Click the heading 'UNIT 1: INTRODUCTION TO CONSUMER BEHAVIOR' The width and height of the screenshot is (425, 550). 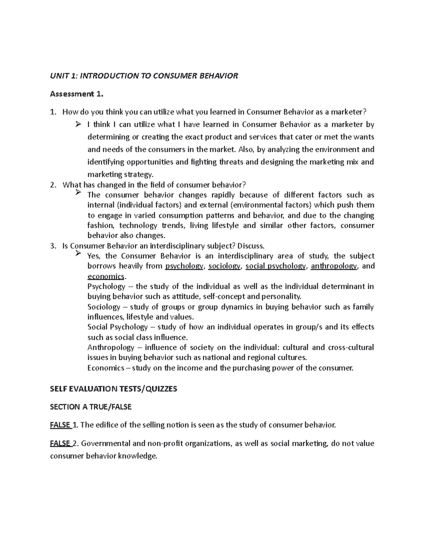point(144,76)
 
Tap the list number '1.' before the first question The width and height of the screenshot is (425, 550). point(53,112)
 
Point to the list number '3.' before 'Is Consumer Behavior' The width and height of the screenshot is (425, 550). point(53,246)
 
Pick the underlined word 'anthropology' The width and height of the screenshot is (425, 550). point(334,266)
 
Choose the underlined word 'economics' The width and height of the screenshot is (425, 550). point(106,276)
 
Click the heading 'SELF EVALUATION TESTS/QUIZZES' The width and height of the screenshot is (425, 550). point(113,389)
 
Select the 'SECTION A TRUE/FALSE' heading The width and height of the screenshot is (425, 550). point(91,407)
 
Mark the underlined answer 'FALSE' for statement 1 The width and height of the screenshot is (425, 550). point(60,425)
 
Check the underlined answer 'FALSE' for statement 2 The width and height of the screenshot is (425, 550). point(60,443)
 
